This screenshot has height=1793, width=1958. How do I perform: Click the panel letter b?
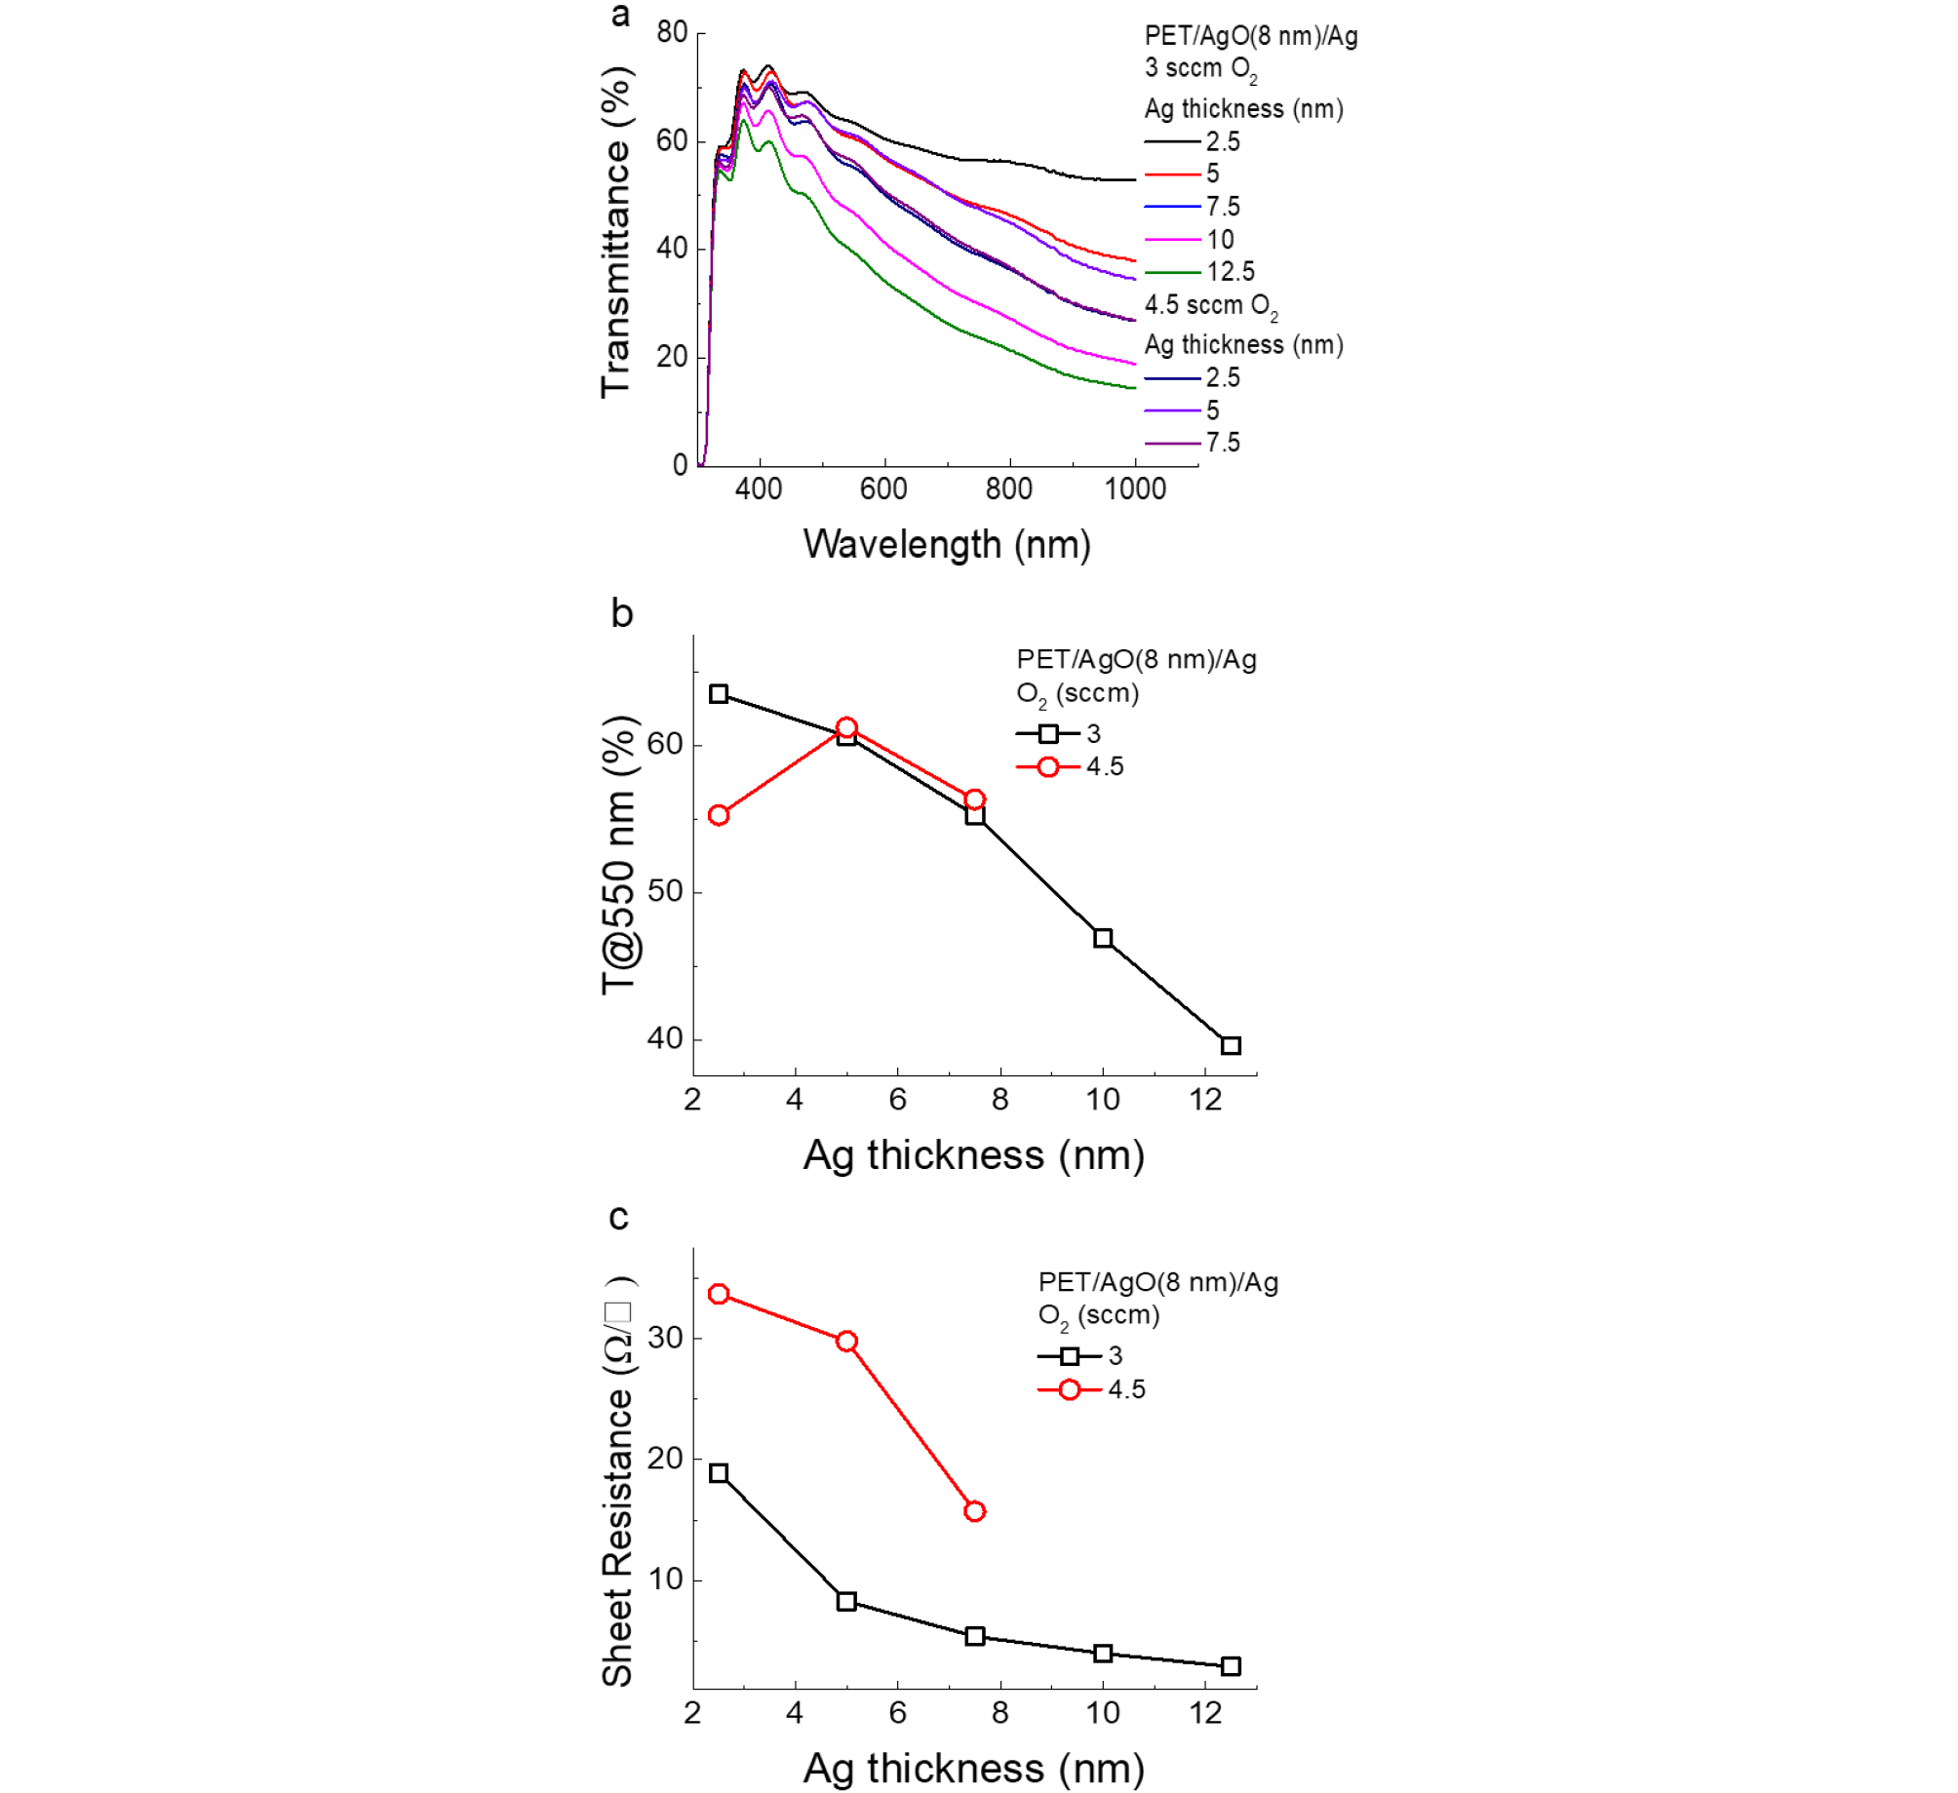coord(621,613)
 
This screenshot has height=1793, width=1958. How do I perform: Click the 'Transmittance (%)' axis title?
coord(616,233)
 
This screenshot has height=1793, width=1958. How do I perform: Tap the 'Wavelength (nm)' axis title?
coord(946,544)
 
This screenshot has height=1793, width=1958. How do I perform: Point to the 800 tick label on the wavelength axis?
coord(1008,488)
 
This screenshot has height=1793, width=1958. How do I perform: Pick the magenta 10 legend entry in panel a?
coord(1190,240)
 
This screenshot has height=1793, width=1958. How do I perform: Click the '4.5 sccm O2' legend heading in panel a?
coord(1210,306)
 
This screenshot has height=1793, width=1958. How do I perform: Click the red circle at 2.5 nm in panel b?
coord(719,815)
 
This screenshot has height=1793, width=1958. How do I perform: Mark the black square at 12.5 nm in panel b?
coord(1231,1045)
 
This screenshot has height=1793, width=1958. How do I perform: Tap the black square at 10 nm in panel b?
coord(1103,938)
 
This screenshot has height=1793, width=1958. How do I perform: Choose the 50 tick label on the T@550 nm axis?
coord(665,891)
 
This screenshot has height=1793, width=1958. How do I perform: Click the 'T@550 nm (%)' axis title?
coord(618,855)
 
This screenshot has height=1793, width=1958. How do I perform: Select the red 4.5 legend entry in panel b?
coord(1070,767)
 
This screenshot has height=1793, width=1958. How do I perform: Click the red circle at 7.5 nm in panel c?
coord(974,1511)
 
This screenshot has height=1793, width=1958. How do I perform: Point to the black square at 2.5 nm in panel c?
coord(719,1473)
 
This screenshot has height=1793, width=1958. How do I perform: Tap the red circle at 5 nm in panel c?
coord(846,1342)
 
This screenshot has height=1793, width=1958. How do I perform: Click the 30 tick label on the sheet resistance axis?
coord(665,1338)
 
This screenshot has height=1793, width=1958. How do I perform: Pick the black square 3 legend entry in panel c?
coord(1079,1356)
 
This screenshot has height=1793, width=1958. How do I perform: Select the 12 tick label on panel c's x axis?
coord(1205,1713)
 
